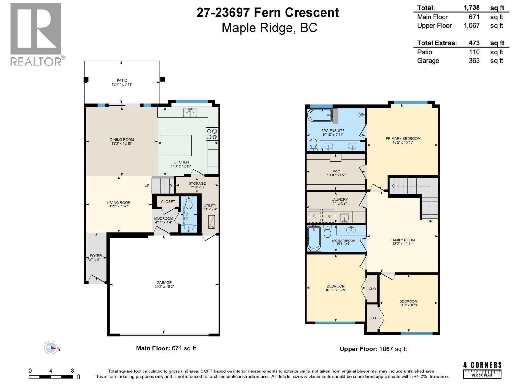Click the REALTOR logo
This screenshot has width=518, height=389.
(36, 34)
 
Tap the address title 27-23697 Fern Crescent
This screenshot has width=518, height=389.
(268, 13)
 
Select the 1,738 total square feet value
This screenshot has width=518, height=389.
(471, 7)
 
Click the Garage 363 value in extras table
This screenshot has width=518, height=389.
(474, 61)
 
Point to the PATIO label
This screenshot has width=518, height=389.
(122, 80)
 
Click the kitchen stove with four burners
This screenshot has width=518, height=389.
(212, 134)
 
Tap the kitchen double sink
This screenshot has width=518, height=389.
(190, 113)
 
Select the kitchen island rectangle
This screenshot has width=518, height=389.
(175, 145)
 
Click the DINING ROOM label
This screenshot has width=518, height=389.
(121, 140)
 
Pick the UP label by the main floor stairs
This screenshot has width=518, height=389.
(147, 186)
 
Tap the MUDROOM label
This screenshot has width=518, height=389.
(163, 218)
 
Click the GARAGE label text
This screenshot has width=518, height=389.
(164, 282)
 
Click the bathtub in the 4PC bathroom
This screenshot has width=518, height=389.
(314, 239)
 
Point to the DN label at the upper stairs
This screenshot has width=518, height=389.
(430, 221)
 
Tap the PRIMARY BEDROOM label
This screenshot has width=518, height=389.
(403, 138)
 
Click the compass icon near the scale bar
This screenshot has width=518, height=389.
(51, 348)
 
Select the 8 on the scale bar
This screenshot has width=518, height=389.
(72, 371)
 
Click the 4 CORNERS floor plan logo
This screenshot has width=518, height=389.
(482, 370)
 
